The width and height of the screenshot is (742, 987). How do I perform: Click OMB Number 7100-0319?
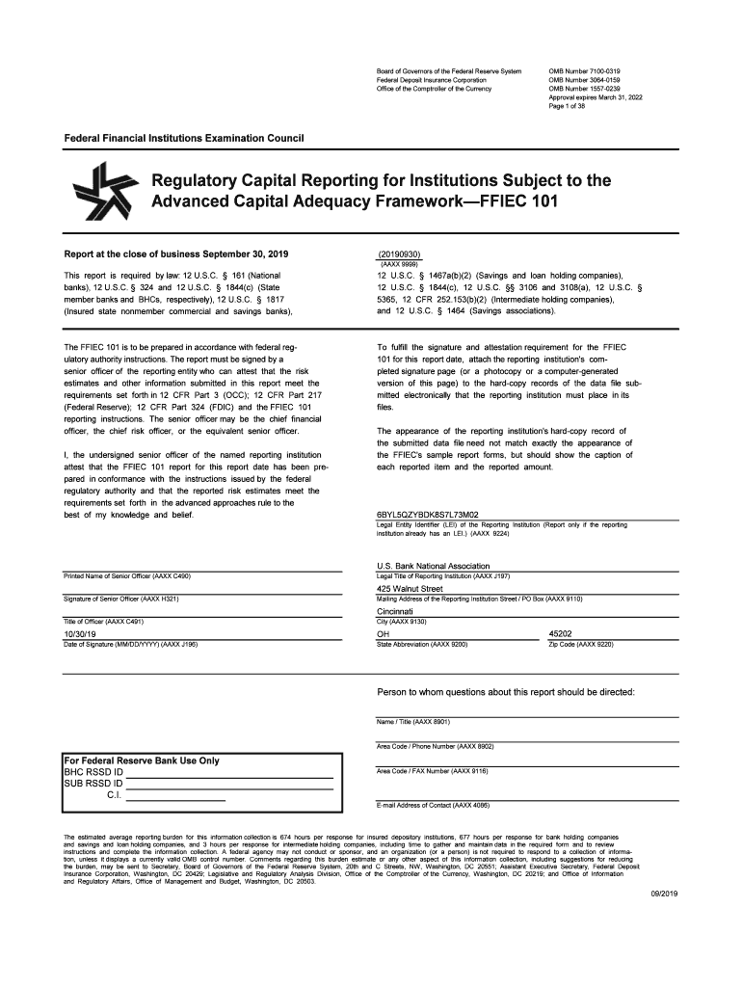click(584, 72)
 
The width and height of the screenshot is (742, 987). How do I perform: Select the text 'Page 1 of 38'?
click(569, 107)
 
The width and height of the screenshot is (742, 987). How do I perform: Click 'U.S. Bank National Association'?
click(434, 566)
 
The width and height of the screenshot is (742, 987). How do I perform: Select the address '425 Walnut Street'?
click(410, 589)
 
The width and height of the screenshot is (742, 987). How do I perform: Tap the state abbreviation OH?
click(383, 634)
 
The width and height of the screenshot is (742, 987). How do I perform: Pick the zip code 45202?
click(561, 634)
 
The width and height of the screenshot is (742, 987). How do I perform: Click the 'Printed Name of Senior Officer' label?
click(126, 576)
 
